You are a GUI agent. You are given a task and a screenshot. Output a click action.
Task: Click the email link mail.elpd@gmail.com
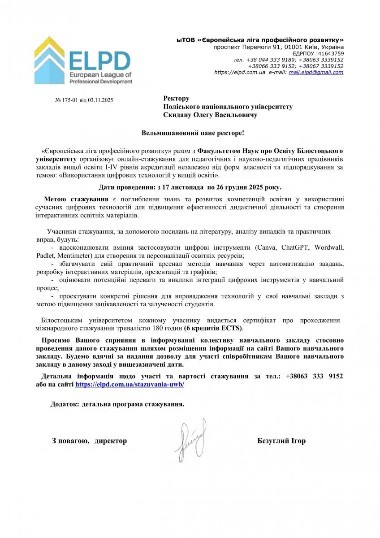tap(316, 72)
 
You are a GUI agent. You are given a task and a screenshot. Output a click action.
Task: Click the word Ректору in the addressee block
tap(176, 99)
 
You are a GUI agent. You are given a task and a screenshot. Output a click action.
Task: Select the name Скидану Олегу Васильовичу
tap(210, 115)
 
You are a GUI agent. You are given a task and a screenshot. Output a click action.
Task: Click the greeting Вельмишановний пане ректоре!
tap(193, 133)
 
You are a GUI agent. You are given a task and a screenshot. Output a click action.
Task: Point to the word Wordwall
tap(329, 247)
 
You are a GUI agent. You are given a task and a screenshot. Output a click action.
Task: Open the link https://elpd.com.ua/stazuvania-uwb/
tap(130, 384)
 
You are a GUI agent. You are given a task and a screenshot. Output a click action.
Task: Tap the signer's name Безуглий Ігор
tap(281, 441)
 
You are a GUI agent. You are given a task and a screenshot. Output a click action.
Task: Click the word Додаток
tap(65, 404)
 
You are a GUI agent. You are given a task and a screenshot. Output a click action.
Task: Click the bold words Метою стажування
tap(76, 199)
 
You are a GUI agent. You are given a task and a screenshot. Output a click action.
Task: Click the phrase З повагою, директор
tap(90, 441)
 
